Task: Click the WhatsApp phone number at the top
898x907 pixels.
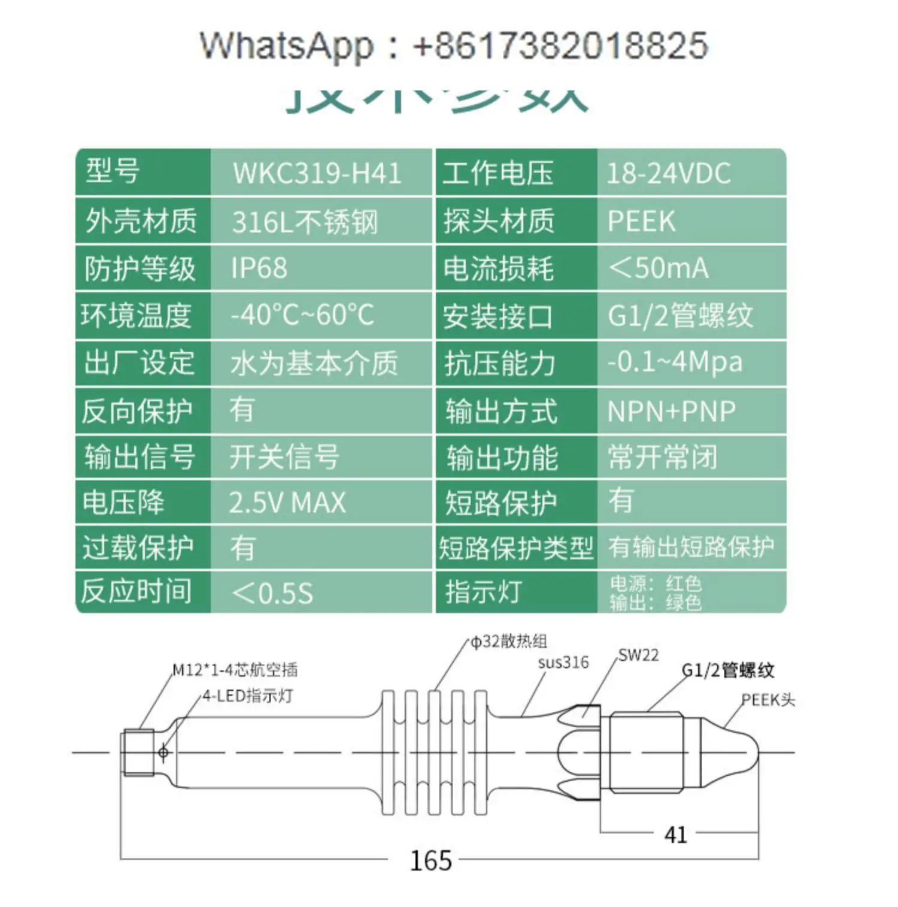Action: coord(560,46)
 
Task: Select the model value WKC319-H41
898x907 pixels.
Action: coord(317,173)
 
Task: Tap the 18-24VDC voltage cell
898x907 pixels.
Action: coord(668,173)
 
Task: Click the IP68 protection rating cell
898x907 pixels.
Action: coord(259,268)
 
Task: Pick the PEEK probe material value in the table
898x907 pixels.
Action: coord(641,221)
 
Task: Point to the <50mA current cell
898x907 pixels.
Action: coord(658,268)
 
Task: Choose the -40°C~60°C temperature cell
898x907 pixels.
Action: coord(302,315)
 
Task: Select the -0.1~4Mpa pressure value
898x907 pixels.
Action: coord(675,362)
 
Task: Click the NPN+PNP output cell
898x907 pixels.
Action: coord(671,411)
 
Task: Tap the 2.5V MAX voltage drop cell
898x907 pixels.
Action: coord(287,503)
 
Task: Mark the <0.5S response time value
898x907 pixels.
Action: coord(272,592)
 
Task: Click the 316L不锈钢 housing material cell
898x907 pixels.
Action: coord(305,222)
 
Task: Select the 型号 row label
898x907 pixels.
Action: coord(113,171)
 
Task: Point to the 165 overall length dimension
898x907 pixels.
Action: coord(430,860)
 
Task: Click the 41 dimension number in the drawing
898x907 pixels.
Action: coord(675,835)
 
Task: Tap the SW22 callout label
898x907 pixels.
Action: coord(638,655)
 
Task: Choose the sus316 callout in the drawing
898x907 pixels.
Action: coord(563,663)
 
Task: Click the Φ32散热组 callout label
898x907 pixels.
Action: coord(509,642)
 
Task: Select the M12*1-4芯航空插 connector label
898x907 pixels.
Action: coord(235,669)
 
